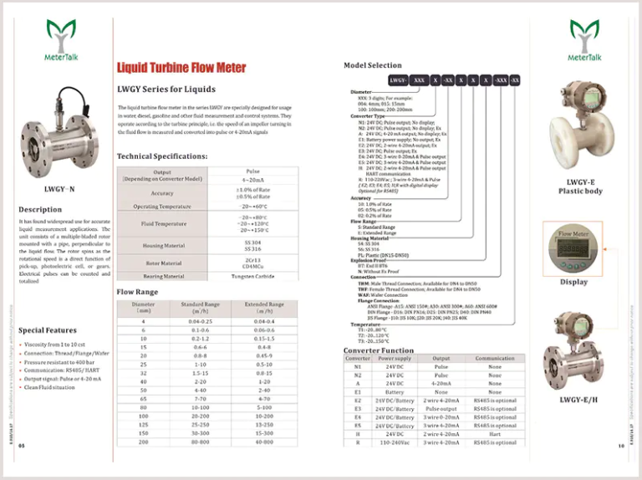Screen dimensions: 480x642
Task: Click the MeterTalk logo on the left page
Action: [59, 42]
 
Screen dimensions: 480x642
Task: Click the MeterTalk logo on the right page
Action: [584, 41]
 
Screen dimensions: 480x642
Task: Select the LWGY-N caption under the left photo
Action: [59, 189]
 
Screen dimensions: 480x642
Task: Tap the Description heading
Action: [40, 209]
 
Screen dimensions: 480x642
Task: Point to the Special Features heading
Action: [48, 330]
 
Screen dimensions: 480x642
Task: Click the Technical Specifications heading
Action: [162, 156]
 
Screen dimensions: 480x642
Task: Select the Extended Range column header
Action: [264, 308]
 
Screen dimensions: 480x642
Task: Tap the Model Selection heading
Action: [373, 65]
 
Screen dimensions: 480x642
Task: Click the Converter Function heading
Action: [379, 350]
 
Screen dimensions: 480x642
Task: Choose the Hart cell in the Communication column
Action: [495, 434]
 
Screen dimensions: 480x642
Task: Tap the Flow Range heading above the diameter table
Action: [136, 292]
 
